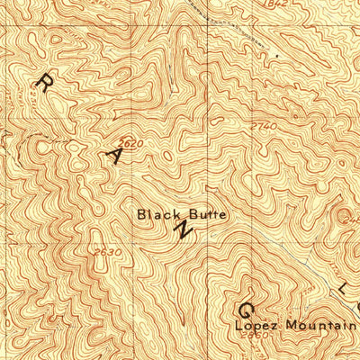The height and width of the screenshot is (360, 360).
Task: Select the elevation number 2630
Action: click(105, 253)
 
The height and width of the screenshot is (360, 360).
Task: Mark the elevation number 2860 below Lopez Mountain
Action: click(255, 336)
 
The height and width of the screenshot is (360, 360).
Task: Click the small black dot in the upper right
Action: click(277, 56)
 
